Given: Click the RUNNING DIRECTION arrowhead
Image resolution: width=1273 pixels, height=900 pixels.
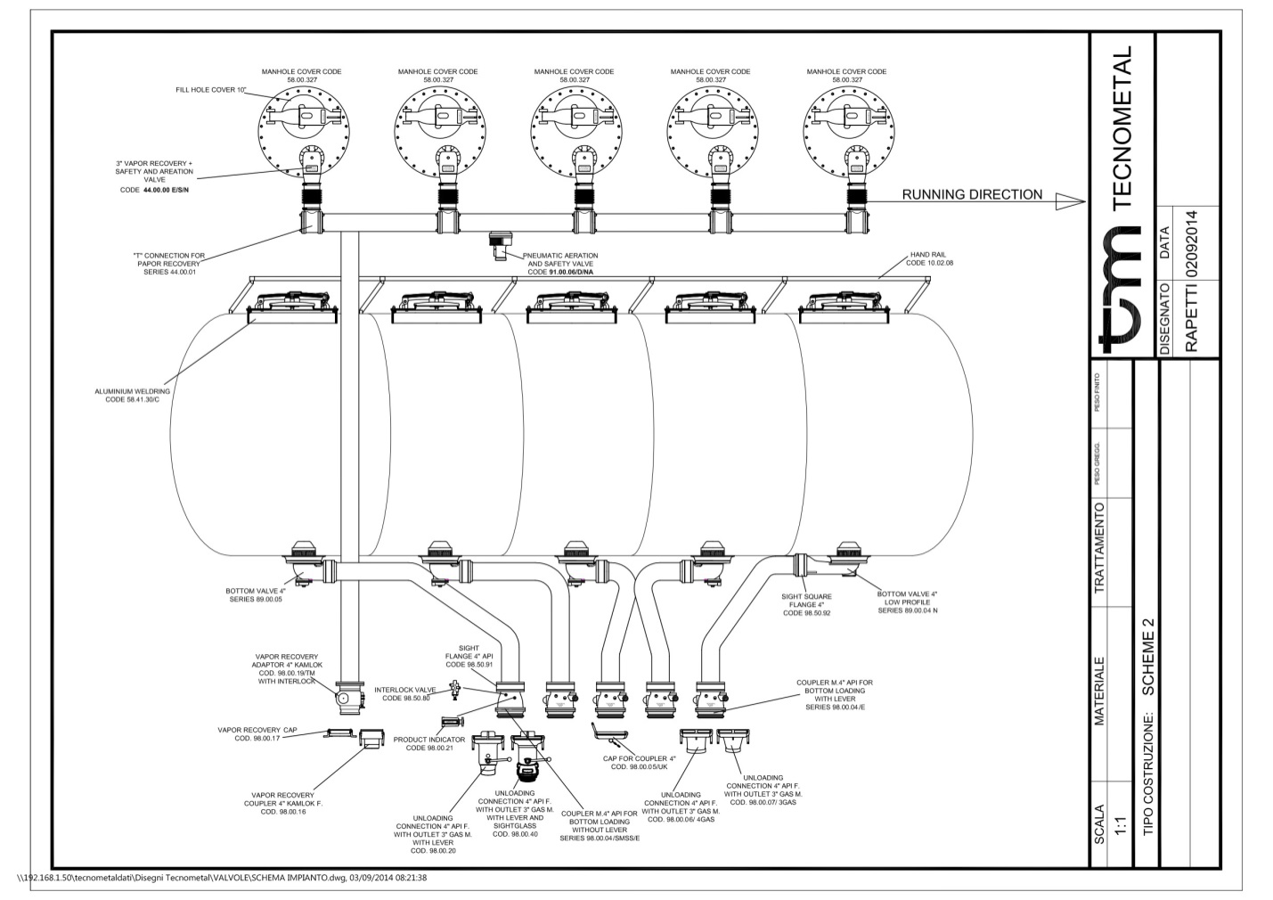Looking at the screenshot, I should (x=1070, y=202).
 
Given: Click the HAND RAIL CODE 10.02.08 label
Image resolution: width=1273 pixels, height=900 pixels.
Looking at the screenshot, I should (x=929, y=258).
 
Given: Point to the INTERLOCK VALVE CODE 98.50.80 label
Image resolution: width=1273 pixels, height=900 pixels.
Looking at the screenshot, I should (x=405, y=693).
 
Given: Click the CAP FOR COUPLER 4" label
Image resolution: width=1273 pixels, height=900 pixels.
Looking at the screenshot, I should (x=640, y=762).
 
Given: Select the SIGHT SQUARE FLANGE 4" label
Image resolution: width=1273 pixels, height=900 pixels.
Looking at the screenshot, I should (x=806, y=602).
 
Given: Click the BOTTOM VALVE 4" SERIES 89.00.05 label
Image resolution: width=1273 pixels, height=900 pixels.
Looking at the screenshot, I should (x=256, y=594).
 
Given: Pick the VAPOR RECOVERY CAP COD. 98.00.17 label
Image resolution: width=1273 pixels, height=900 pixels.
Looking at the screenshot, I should (x=257, y=733).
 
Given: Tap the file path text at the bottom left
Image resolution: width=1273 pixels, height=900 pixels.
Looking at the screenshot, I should (x=223, y=878).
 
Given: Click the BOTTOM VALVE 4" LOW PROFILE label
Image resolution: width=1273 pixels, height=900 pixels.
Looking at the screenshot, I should (x=907, y=601).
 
